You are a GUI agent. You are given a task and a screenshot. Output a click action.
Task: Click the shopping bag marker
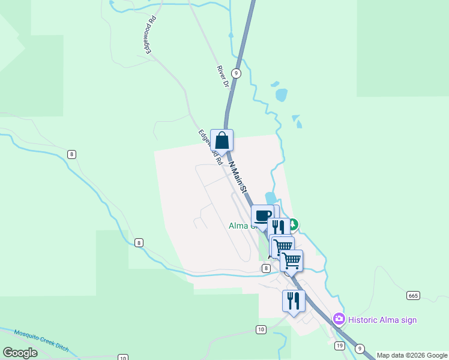[x=222, y=141]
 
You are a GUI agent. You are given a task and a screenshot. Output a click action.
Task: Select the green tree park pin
[x=293, y=225]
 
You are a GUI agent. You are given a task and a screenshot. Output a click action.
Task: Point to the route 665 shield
[x=412, y=295]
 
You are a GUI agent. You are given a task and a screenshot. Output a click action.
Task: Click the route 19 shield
[x=339, y=346]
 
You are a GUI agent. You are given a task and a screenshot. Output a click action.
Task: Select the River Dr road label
[x=223, y=77]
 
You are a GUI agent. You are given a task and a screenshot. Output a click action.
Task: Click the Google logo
[x=20, y=352]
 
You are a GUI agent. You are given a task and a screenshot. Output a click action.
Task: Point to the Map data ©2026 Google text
[x=412, y=355]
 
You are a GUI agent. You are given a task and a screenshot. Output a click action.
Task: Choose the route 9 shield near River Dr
[x=237, y=73]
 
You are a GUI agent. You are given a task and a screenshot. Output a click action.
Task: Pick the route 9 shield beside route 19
[x=360, y=348]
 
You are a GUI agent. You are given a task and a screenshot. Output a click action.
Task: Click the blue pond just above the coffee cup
[x=270, y=198]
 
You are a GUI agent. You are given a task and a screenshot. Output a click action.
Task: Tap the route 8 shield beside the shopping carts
[x=266, y=268]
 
